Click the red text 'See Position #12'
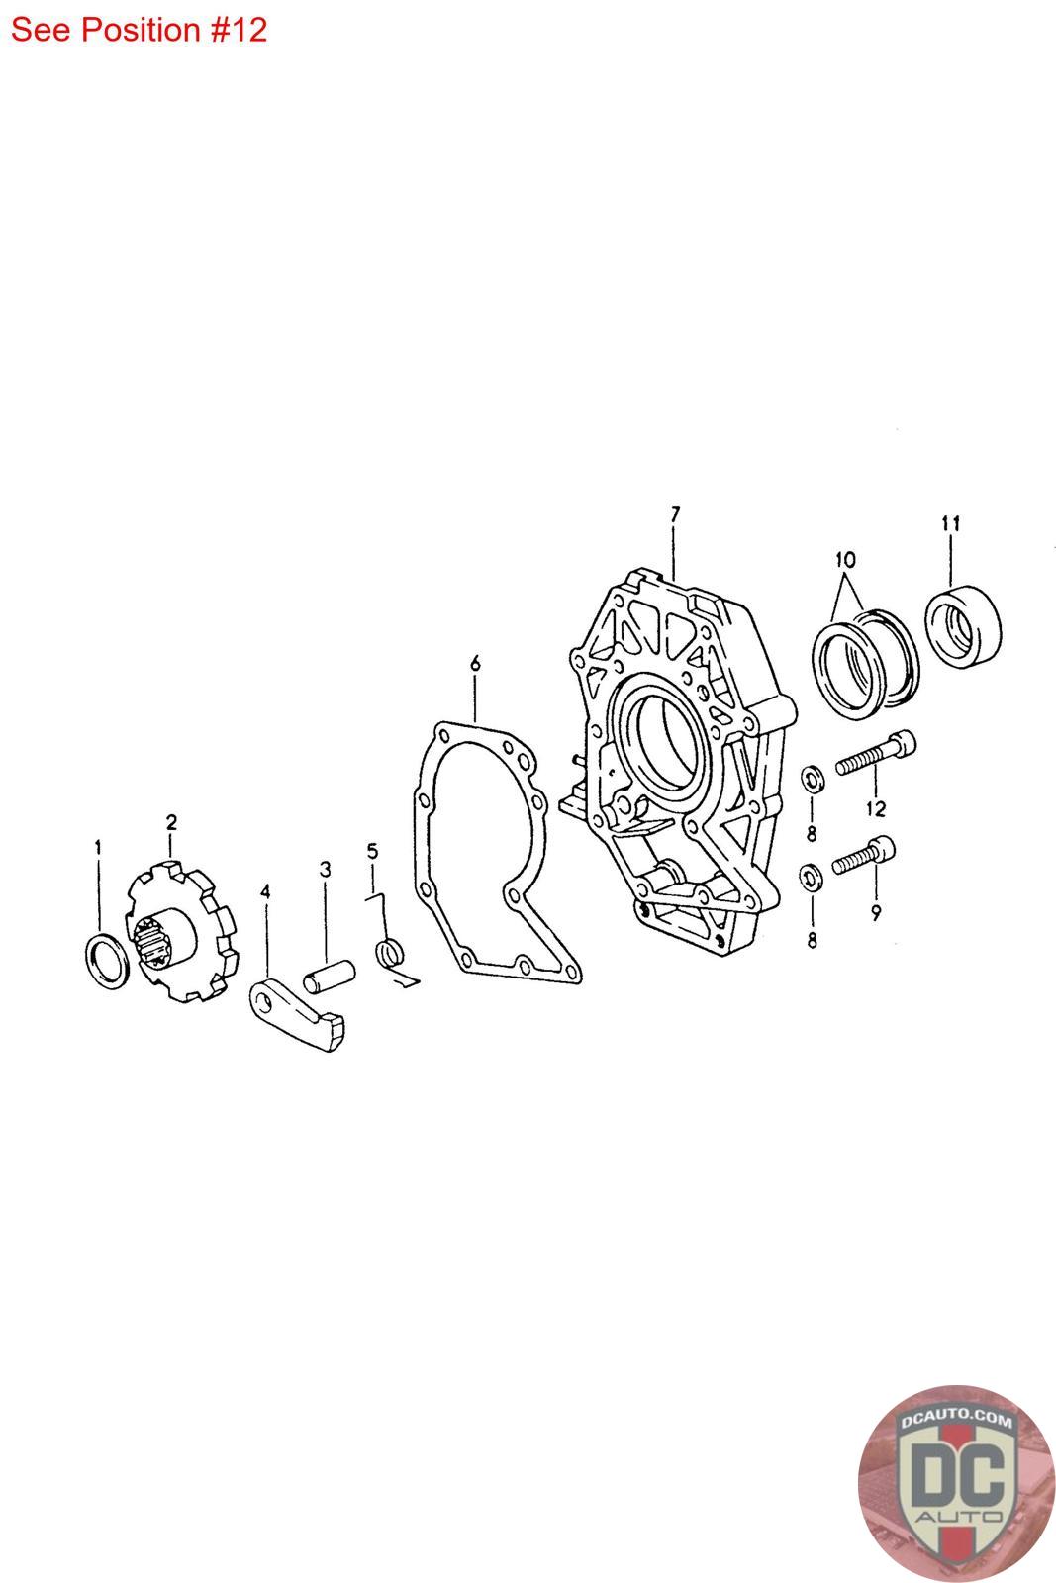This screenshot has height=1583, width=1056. click(x=139, y=30)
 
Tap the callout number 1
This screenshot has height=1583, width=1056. click(x=98, y=847)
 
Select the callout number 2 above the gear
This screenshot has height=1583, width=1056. click(x=171, y=822)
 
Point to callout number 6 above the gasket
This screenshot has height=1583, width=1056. click(x=475, y=663)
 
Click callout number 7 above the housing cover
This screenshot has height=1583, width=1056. click(x=675, y=513)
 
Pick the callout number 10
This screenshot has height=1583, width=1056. click(x=845, y=560)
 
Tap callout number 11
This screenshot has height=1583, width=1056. click(x=951, y=523)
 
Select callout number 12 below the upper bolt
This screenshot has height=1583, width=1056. click(x=876, y=808)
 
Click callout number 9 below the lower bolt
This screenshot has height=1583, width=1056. click(x=877, y=912)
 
